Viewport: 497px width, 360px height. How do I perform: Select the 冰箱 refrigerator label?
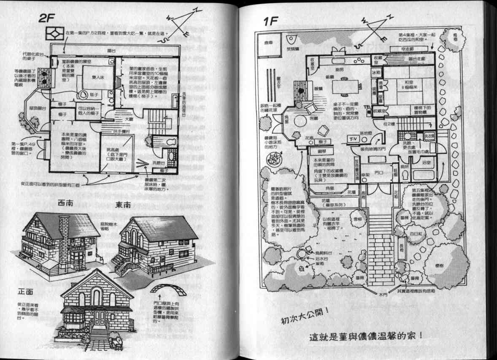click(376, 73)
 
